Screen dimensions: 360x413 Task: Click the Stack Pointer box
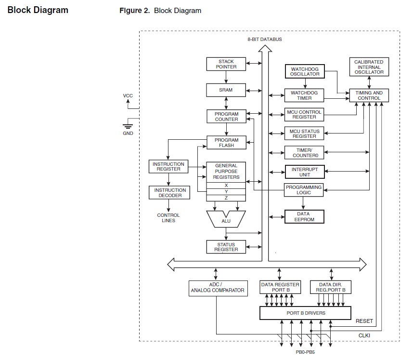[226, 64]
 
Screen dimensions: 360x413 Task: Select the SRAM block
[226, 90]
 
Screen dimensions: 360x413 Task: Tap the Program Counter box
[226, 117]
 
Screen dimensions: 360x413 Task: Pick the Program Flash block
[226, 143]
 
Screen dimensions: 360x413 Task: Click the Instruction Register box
[168, 167]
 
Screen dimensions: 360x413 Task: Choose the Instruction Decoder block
[168, 193]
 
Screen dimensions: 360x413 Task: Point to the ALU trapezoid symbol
[226, 220]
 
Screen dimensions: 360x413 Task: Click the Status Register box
[226, 247]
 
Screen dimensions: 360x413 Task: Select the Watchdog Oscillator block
[305, 72]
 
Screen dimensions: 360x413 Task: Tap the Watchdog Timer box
[305, 95]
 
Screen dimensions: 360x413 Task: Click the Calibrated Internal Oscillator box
[369, 67]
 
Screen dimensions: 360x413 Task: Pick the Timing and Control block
[369, 95]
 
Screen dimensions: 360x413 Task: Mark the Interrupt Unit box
[305, 172]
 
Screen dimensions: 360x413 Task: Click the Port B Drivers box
[306, 313]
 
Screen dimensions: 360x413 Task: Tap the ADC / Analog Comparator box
[217, 288]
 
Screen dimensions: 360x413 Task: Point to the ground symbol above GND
[128, 124]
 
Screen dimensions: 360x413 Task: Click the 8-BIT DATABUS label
[264, 39]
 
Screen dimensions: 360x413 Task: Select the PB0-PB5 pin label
[305, 352]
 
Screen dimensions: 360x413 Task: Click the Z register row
[226, 198]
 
